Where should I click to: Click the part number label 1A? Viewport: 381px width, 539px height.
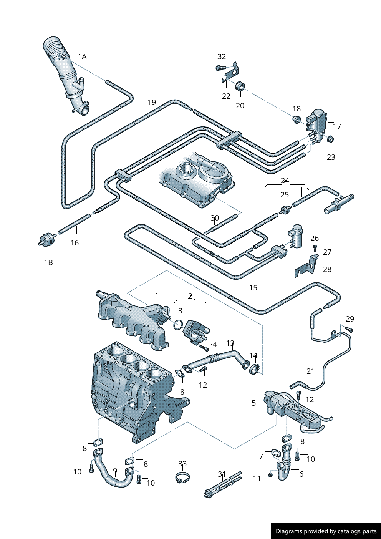(x=82, y=57)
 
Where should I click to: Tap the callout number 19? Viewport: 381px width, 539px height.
(x=152, y=103)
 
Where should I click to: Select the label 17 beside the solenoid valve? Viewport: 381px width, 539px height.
(x=337, y=126)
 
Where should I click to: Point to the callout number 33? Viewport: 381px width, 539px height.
(x=182, y=464)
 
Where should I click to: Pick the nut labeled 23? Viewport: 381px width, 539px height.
(x=330, y=139)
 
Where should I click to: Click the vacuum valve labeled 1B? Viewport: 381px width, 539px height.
(x=46, y=240)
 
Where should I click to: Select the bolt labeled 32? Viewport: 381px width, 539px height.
(x=220, y=68)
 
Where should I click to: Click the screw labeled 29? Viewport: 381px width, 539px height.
(x=349, y=329)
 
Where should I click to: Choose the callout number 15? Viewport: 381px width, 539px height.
(x=253, y=288)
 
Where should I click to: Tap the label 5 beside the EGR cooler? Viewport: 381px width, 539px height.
(x=253, y=403)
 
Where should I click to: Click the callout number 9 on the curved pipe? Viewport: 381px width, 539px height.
(x=115, y=471)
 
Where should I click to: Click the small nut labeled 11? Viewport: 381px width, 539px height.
(x=270, y=475)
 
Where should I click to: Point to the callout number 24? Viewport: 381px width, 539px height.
(x=285, y=181)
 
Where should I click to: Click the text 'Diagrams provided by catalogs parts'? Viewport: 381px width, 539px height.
(x=326, y=531)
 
